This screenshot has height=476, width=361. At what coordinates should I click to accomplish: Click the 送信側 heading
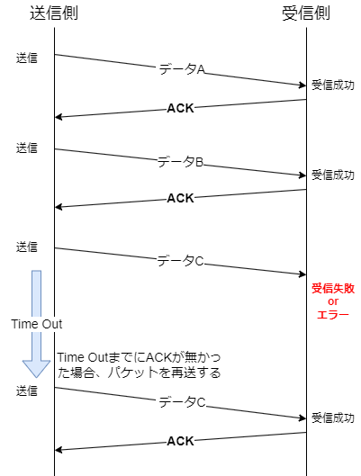[54, 13]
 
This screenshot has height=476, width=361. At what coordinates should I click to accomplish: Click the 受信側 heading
[306, 13]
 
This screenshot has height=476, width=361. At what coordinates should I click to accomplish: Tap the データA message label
[182, 69]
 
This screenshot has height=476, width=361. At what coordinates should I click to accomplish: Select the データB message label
[180, 162]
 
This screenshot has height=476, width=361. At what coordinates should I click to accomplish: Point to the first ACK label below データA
[180, 108]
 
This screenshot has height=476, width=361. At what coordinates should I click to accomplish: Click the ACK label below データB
[180, 198]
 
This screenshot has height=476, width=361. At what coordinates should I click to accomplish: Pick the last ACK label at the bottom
[180, 441]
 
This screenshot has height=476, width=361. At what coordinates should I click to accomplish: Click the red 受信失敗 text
[333, 289]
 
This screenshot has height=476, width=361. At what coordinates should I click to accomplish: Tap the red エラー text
[333, 315]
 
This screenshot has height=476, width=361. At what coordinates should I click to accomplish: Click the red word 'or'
[333, 301]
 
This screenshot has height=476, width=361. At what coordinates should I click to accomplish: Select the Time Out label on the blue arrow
[37, 324]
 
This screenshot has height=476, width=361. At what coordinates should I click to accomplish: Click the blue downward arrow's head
[36, 368]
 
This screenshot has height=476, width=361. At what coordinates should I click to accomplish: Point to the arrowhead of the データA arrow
[302, 85]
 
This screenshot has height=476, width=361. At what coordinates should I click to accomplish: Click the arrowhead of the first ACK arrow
[59, 117]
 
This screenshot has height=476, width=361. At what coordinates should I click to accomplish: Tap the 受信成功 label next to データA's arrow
[333, 85]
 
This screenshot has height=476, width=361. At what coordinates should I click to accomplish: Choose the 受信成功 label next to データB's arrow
[333, 175]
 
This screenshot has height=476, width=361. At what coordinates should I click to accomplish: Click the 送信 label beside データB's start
[27, 148]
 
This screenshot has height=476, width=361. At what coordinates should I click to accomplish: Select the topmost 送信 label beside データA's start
[27, 58]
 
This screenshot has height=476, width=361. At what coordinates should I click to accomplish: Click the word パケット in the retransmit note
[131, 373]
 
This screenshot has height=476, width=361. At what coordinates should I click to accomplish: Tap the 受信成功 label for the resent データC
[333, 418]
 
